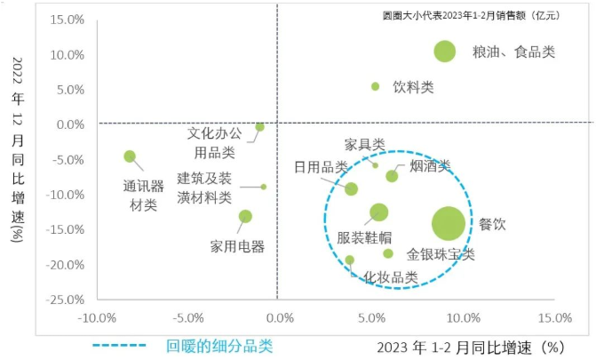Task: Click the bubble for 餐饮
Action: pos(448,223)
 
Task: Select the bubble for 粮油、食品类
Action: pos(445,52)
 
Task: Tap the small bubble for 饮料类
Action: pos(375,86)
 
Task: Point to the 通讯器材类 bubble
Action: pos(130,156)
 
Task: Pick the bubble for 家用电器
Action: pos(245,216)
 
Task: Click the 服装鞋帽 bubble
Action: pos(379,212)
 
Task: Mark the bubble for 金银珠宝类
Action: pos(388,253)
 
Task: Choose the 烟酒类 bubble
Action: pos(392,176)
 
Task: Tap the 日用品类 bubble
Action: pos(351,188)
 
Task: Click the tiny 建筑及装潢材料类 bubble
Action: pos(264,187)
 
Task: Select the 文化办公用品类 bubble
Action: pos(259,127)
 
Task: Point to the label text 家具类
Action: pos(364,144)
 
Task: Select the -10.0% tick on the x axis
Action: pos(97,318)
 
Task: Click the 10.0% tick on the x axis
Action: pos(462,318)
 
